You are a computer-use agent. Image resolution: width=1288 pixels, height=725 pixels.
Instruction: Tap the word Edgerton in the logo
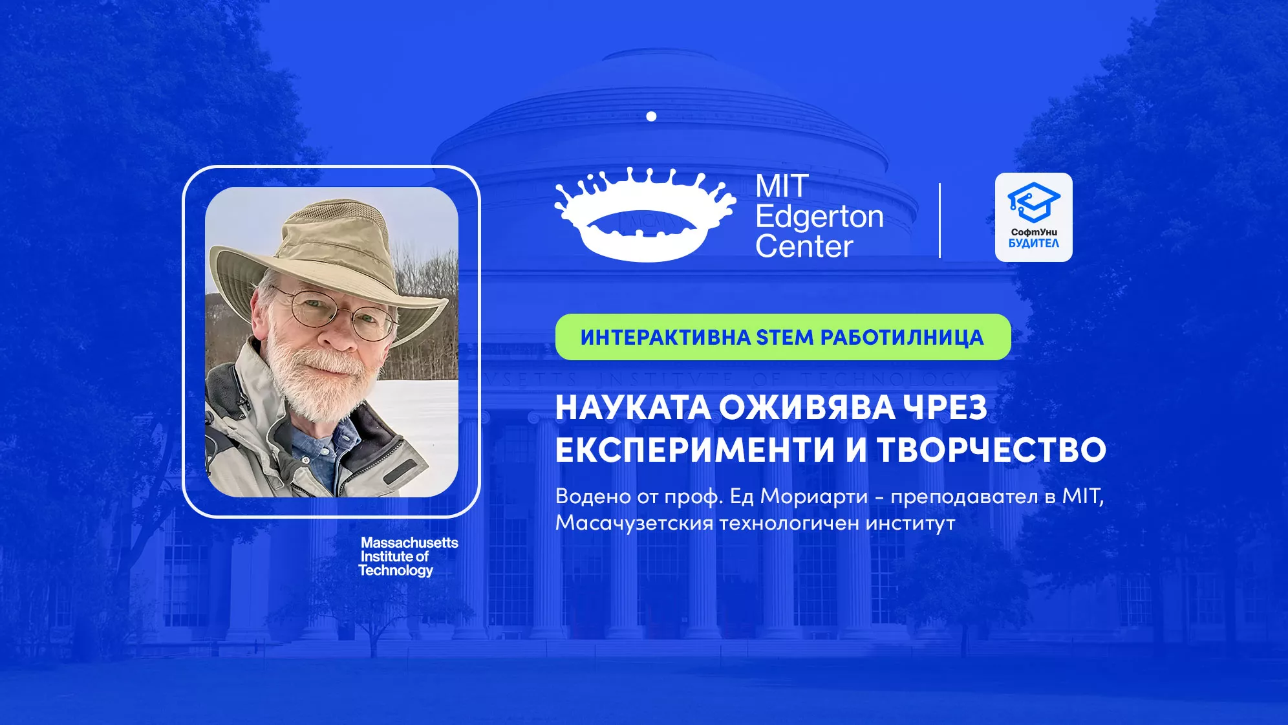click(x=819, y=217)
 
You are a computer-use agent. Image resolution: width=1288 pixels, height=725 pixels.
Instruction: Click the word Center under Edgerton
click(x=804, y=246)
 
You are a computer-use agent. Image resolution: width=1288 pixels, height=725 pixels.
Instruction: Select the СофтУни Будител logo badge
click(x=1033, y=217)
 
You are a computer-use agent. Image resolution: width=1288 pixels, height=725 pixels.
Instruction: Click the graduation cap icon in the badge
click(x=1033, y=201)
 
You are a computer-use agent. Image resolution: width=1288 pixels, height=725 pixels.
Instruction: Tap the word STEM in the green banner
click(x=785, y=338)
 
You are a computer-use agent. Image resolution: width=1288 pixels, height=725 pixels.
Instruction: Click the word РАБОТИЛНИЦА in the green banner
click(x=902, y=338)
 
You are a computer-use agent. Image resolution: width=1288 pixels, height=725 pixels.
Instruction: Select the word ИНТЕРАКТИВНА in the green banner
click(x=665, y=338)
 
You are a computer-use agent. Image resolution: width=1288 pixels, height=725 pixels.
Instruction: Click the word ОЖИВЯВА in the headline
click(x=807, y=408)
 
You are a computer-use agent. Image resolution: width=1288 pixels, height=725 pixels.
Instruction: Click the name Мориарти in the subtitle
click(x=813, y=497)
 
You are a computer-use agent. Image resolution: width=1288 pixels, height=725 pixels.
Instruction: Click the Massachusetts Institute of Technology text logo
click(x=408, y=556)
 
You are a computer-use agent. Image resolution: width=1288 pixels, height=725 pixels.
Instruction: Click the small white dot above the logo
click(x=651, y=116)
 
